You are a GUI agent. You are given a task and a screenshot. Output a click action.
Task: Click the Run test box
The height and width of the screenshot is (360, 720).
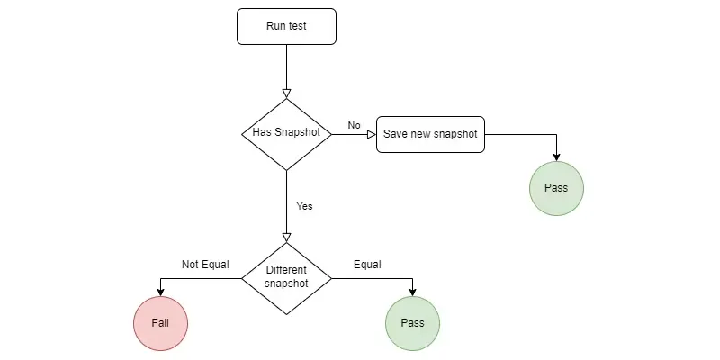click(x=286, y=26)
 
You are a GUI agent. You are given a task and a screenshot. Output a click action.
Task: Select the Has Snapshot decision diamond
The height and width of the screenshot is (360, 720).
click(x=286, y=133)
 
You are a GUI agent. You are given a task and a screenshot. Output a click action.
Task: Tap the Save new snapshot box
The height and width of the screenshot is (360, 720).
click(x=430, y=134)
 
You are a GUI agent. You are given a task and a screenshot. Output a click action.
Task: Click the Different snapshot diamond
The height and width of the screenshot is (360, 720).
click(x=286, y=277)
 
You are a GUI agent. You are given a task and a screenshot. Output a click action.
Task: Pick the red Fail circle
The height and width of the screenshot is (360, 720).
click(x=160, y=322)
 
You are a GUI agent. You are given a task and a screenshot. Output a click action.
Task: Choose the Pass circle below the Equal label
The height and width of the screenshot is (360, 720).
click(x=412, y=322)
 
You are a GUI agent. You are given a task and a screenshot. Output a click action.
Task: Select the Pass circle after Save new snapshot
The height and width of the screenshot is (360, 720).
click(x=556, y=187)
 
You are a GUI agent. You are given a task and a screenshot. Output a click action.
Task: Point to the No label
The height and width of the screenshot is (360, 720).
click(x=354, y=125)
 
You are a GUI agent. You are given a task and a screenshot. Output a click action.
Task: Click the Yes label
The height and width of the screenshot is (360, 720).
click(x=304, y=206)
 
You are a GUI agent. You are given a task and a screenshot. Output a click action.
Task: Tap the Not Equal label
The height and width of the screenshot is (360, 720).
click(x=205, y=265)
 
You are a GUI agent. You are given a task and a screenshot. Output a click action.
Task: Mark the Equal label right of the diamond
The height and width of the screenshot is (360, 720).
click(x=367, y=265)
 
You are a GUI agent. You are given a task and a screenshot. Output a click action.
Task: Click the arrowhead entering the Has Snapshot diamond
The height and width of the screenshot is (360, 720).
click(x=286, y=93)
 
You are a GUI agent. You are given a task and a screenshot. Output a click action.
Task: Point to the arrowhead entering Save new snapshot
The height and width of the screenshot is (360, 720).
click(x=370, y=134)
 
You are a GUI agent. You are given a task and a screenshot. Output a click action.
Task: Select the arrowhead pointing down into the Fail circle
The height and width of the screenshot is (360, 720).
click(x=160, y=291)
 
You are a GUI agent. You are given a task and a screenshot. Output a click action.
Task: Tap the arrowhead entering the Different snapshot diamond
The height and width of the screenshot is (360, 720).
click(x=286, y=237)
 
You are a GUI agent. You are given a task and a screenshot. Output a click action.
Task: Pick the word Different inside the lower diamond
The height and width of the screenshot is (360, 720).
click(x=286, y=270)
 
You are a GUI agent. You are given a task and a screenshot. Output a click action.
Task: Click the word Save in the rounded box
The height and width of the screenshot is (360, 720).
click(x=395, y=134)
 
